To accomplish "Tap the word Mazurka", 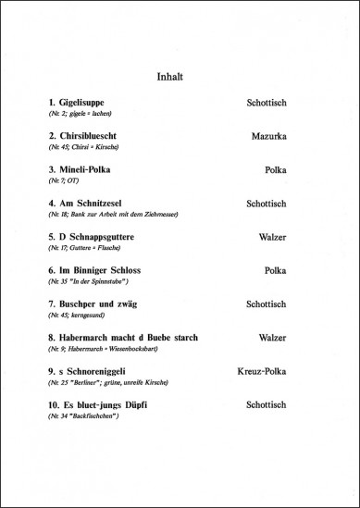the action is pos(273,135).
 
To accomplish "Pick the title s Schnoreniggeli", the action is pos(90,371).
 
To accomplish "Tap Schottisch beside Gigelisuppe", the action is pos(271,101).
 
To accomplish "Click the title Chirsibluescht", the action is pos(90,135).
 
